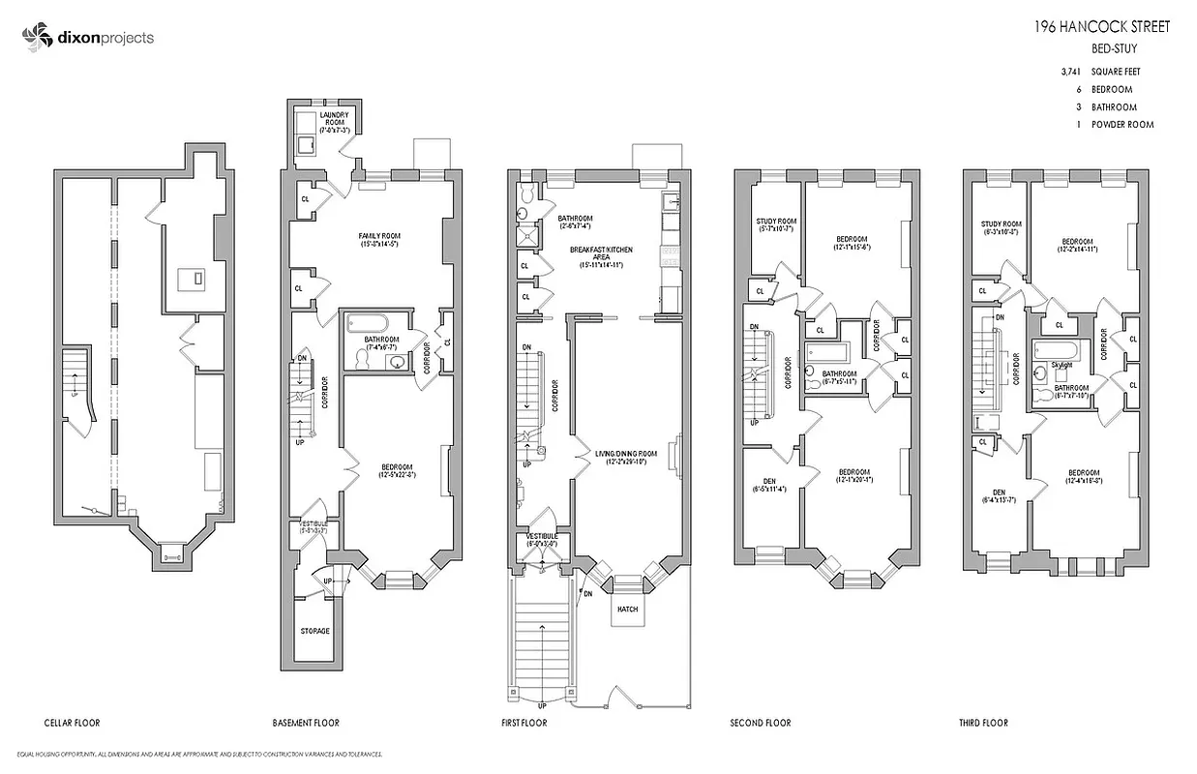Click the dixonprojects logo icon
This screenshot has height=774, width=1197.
35,38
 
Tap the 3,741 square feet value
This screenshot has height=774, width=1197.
1070,72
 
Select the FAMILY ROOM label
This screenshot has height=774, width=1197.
379,236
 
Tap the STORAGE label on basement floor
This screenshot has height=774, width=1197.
314,631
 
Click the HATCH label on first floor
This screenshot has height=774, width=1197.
627,609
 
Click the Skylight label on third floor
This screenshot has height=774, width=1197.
1061,366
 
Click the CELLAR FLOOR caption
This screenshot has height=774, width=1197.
73,723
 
